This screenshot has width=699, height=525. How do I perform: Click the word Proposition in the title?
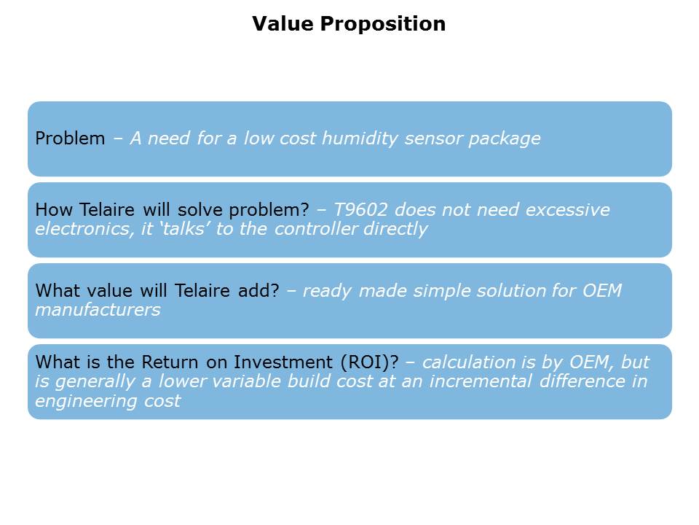click(x=383, y=24)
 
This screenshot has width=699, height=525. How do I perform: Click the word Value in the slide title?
click(x=283, y=23)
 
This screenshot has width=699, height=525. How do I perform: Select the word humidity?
click(x=359, y=139)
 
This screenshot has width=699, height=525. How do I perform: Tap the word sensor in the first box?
click(x=433, y=139)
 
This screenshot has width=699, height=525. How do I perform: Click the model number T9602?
click(x=360, y=209)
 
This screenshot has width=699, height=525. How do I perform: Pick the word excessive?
click(x=567, y=210)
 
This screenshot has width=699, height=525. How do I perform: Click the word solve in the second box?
click(x=200, y=209)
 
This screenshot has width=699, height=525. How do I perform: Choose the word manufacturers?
click(x=98, y=310)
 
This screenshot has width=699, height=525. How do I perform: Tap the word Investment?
click(x=283, y=362)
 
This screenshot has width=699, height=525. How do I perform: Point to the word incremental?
click(x=481, y=381)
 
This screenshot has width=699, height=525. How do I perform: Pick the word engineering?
click(x=86, y=401)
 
